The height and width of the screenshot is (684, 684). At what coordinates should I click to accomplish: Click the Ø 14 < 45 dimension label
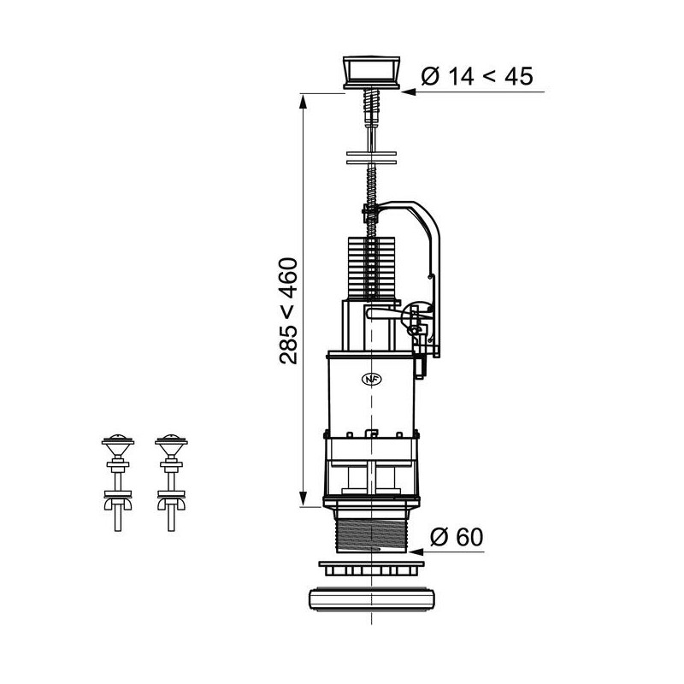[x=477, y=77]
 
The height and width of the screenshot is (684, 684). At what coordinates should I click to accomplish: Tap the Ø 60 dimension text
[x=457, y=537]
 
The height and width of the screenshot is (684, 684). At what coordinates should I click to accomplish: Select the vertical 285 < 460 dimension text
[x=289, y=311]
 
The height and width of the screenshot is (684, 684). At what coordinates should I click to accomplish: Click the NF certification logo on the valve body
[x=372, y=379]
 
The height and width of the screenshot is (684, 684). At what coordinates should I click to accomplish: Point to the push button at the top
[x=371, y=73]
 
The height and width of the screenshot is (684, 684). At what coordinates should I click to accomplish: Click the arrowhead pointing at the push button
[x=408, y=92]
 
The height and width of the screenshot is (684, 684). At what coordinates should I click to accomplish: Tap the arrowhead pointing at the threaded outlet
[x=416, y=551]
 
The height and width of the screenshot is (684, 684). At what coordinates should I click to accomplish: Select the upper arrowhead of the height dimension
[x=303, y=101]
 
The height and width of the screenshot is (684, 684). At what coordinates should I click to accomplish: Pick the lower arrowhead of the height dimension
[x=303, y=499]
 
